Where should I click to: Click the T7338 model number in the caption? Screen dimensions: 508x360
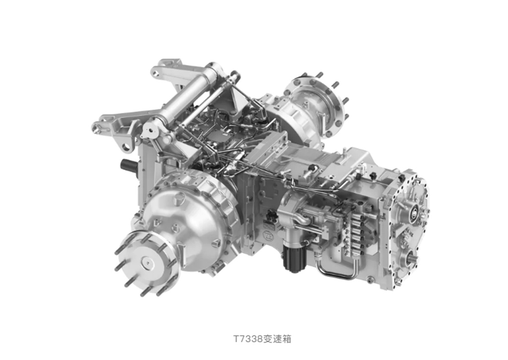click(x=248, y=339)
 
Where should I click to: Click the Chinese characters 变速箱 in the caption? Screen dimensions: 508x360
click(x=277, y=339)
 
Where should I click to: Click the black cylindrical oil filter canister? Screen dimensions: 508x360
click(x=295, y=257)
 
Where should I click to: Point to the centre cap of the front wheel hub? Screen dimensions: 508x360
click(x=147, y=263)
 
